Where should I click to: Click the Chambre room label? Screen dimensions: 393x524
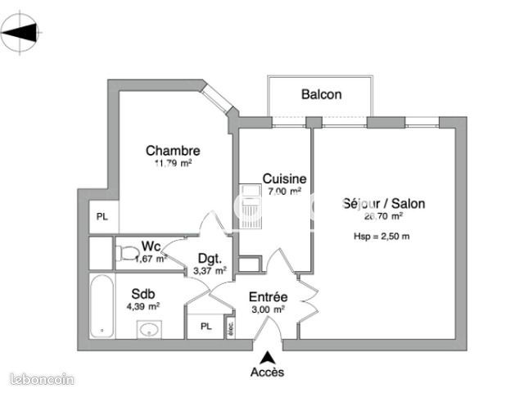(173, 151)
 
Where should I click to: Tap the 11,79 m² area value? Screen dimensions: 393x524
(173, 163)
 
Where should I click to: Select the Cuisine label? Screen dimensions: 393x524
(284, 179)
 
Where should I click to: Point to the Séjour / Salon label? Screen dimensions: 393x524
(384, 205)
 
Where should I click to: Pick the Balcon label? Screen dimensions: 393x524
(321, 95)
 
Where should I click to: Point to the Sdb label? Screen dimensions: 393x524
(143, 293)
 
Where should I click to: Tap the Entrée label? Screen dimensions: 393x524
(267, 297)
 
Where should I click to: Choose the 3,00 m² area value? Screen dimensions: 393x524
(267, 309)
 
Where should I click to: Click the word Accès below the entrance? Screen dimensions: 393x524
(267, 373)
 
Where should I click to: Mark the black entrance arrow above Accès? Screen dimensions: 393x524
(267, 357)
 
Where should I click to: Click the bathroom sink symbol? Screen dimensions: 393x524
(150, 330)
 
